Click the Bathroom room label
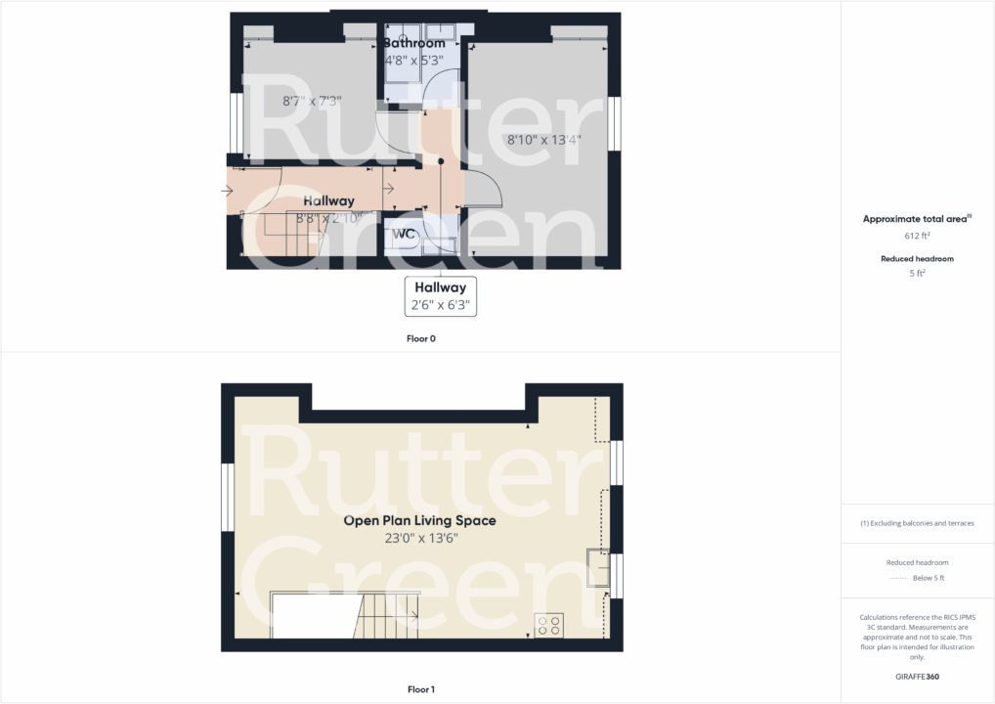(x=413, y=43)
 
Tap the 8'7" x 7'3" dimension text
(x=312, y=101)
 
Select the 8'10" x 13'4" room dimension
(x=543, y=140)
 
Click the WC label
(x=405, y=235)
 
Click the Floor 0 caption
(x=421, y=339)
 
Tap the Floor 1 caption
(x=421, y=689)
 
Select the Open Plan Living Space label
(x=419, y=521)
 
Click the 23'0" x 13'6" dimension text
(x=420, y=538)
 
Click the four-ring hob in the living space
(x=548, y=625)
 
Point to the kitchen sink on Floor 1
(x=596, y=567)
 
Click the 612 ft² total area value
(x=918, y=237)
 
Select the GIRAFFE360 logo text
(x=918, y=676)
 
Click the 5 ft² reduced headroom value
(x=918, y=274)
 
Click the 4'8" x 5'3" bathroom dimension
(x=413, y=60)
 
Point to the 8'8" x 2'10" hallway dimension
(x=329, y=217)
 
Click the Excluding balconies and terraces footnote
(x=917, y=523)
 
